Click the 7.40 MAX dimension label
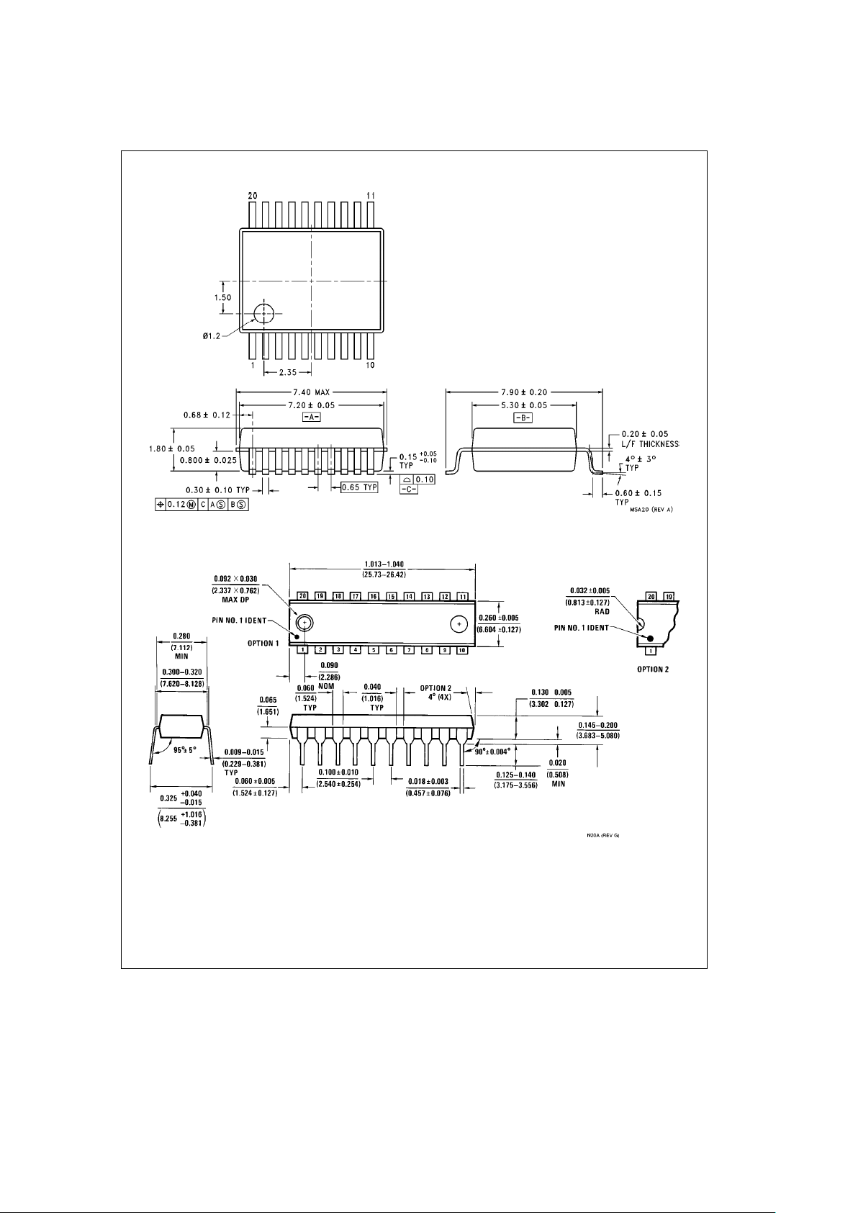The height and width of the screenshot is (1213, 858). coord(312,392)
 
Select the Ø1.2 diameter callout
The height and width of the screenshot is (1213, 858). coord(211,335)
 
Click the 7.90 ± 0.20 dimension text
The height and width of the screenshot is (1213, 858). coord(524,392)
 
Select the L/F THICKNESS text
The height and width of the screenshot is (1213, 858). coord(650,444)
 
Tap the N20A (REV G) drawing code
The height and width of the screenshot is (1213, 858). coord(602,836)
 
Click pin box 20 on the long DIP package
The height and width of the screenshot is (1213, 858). coord(303,596)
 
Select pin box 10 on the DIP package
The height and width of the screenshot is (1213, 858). coord(462,650)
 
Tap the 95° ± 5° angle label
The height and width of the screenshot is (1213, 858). coord(185,749)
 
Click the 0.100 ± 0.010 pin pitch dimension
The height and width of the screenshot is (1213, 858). coord(338,772)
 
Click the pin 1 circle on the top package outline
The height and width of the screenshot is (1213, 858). coord(264,313)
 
